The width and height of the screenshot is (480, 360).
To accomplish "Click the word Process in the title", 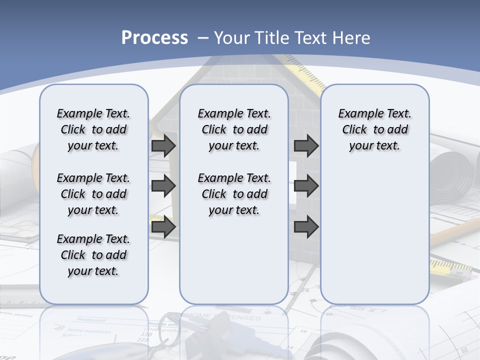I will (x=154, y=38).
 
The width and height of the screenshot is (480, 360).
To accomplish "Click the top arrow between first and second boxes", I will (x=163, y=146).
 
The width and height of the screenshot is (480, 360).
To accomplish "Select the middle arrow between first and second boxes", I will (x=163, y=186).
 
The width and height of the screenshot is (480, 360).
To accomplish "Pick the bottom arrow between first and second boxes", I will (x=163, y=227).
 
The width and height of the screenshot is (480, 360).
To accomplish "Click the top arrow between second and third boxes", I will (x=306, y=146).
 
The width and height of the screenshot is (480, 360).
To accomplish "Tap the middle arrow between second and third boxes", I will (x=306, y=186).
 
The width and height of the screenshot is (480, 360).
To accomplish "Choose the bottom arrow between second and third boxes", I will (x=306, y=227).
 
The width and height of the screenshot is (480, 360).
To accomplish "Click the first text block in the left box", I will (x=93, y=129).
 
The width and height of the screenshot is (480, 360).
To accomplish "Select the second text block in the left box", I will (x=93, y=194).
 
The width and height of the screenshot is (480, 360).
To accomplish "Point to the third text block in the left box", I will (x=93, y=255).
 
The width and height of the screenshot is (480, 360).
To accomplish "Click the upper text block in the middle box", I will (x=234, y=129).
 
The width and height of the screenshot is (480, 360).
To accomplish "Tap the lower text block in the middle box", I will (x=234, y=194).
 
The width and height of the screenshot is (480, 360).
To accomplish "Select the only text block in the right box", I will (x=374, y=129).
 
